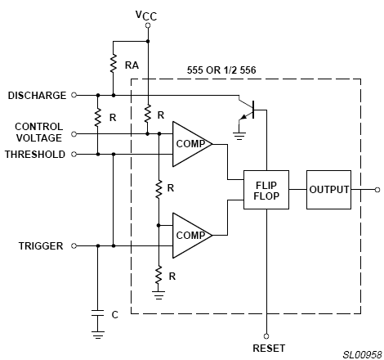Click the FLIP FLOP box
pyautogui.click(x=266, y=190)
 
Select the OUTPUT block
pyautogui.click(x=328, y=190)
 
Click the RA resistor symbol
pyautogui.click(x=114, y=63)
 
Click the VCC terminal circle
pyautogui.click(x=148, y=25)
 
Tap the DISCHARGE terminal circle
pyautogui.click(x=74, y=95)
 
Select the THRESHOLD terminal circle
pyautogui.click(x=74, y=155)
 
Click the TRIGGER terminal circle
pyautogui.click(x=74, y=246)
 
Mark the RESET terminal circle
pyautogui.click(x=266, y=336)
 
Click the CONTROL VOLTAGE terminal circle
pyautogui.click(x=74, y=134)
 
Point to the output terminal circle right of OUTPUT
pyautogui.click(x=377, y=190)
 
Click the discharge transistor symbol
pyautogui.click(x=248, y=110)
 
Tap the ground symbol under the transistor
pyautogui.click(x=239, y=136)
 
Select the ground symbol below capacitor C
pyautogui.click(x=98, y=335)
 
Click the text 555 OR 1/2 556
pyautogui.click(x=221, y=70)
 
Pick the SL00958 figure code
pyautogui.click(x=362, y=354)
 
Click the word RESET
pyautogui.click(x=269, y=349)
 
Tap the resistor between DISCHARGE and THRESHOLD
pyautogui.click(x=98, y=118)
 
